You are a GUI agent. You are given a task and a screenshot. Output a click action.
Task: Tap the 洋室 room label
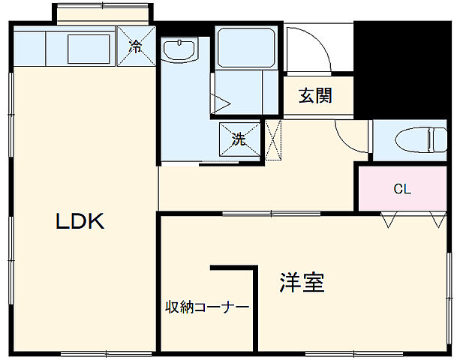click(302, 283)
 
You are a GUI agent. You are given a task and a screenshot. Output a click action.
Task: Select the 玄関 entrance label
click(315, 96)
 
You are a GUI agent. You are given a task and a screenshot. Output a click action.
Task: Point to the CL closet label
click(402, 189)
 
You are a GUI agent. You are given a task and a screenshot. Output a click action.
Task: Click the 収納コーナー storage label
click(207, 307)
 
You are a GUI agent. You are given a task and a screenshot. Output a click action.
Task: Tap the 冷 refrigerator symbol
click(136, 46)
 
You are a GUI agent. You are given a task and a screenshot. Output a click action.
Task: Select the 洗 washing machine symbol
click(239, 139)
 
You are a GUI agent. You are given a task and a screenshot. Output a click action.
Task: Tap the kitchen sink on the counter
click(89, 50)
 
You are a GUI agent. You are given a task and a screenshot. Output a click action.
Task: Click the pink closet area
click(402, 189)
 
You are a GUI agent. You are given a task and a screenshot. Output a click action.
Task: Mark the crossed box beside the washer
click(274, 140)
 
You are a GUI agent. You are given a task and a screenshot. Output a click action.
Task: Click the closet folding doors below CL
click(411, 219)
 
